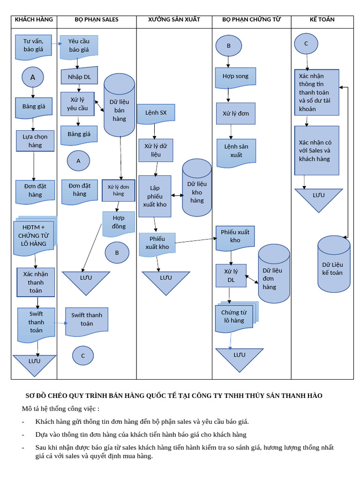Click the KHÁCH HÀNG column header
34,20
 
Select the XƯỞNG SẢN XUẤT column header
174,20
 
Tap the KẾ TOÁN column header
322,20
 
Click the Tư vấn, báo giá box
33,45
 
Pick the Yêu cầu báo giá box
79,45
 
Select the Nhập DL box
79,77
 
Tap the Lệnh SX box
156,113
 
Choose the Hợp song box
235,77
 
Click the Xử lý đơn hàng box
118,190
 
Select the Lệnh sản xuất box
236,151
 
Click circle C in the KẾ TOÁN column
306,44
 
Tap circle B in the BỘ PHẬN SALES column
117,253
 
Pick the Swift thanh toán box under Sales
87,320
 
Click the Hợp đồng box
119,223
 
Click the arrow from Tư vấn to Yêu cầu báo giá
56,44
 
